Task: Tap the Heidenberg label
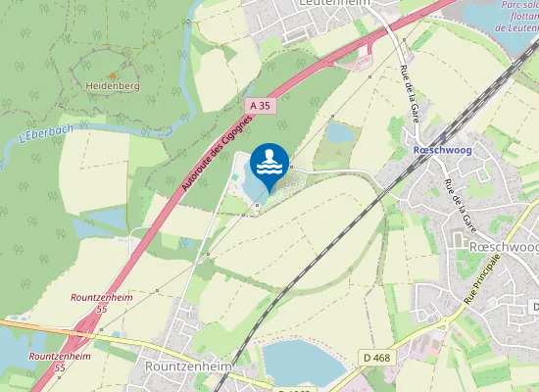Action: [x=113, y=86]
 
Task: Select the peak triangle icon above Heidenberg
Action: [x=113, y=73]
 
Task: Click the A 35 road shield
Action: [x=260, y=105]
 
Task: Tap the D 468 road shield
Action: [x=374, y=358]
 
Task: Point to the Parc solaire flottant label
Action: [x=518, y=17]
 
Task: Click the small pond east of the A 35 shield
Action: [x=340, y=132]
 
